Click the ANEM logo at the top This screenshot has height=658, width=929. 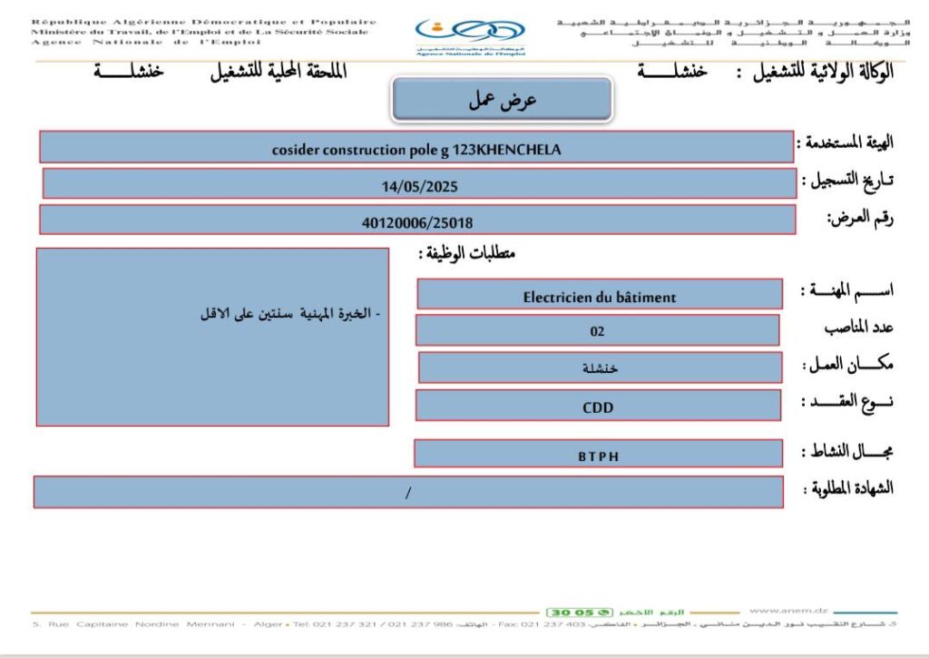click(x=469, y=37)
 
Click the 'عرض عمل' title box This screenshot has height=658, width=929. click(x=502, y=101)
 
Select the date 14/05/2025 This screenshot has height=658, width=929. click(x=419, y=186)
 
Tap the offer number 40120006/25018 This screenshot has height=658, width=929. click(x=417, y=221)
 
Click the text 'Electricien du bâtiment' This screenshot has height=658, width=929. click(x=599, y=297)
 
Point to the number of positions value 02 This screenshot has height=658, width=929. click(x=597, y=331)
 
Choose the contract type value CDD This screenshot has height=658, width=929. click(x=597, y=408)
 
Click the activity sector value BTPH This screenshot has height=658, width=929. click(x=598, y=456)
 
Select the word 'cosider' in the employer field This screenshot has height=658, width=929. click(x=297, y=150)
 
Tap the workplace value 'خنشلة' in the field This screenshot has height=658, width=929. click(x=600, y=368)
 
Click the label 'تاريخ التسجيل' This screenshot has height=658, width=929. click(x=848, y=180)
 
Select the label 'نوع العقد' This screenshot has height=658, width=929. click(x=847, y=402)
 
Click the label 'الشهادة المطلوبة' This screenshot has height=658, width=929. click(x=848, y=488)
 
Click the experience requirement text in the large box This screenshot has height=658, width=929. click(x=290, y=314)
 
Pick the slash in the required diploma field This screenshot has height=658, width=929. click(x=408, y=493)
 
